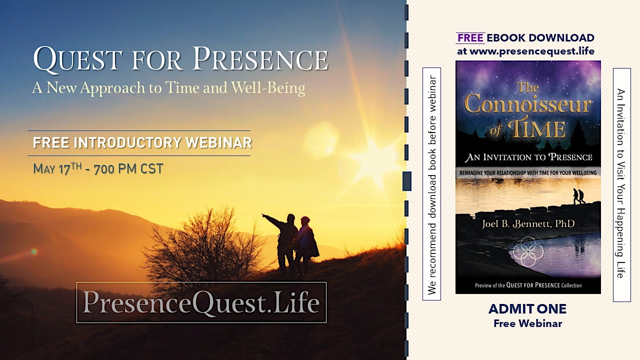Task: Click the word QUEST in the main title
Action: click(77, 59)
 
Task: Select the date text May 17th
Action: click(57, 168)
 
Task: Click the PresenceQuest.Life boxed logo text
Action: click(201, 302)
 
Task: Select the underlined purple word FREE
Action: click(470, 37)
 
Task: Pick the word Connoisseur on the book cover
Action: click(528, 105)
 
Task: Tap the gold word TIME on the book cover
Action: click(537, 129)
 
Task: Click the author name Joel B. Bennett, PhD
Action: click(528, 223)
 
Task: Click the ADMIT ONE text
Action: click(527, 309)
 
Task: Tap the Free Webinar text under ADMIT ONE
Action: click(527, 323)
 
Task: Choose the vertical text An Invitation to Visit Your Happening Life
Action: click(621, 183)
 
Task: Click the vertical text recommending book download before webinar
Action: click(431, 185)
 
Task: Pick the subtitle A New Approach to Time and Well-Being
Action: click(168, 87)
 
